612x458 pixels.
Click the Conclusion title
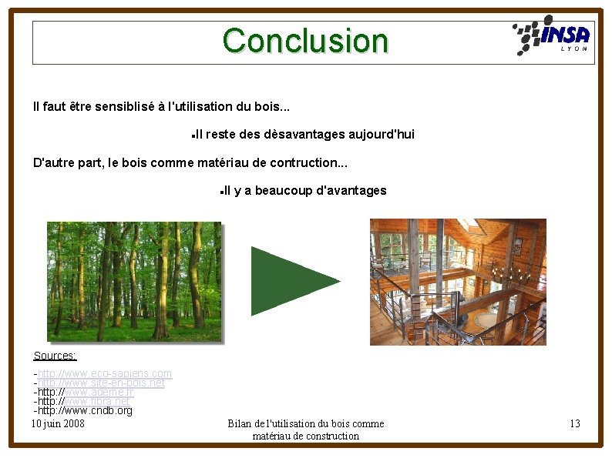tap(305, 41)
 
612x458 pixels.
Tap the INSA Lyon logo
tap(552, 36)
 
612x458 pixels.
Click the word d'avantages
tap(351, 191)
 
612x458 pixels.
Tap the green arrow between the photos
tap(293, 281)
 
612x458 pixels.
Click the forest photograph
tap(134, 281)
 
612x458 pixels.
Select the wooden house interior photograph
tap(458, 282)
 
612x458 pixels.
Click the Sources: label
tap(55, 356)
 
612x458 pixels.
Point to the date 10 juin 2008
tap(58, 424)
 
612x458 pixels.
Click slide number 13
tap(575, 424)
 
